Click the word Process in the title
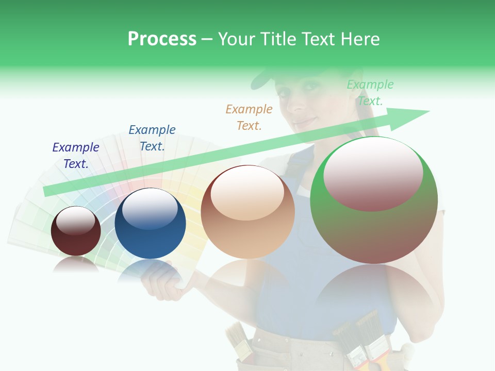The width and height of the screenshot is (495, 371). coord(162,39)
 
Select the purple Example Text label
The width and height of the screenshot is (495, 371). coord(76,156)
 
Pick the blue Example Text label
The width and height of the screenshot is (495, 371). coord(152,138)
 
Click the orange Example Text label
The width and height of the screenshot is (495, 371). coord(249,117)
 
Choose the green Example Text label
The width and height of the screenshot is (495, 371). coord(370,93)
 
